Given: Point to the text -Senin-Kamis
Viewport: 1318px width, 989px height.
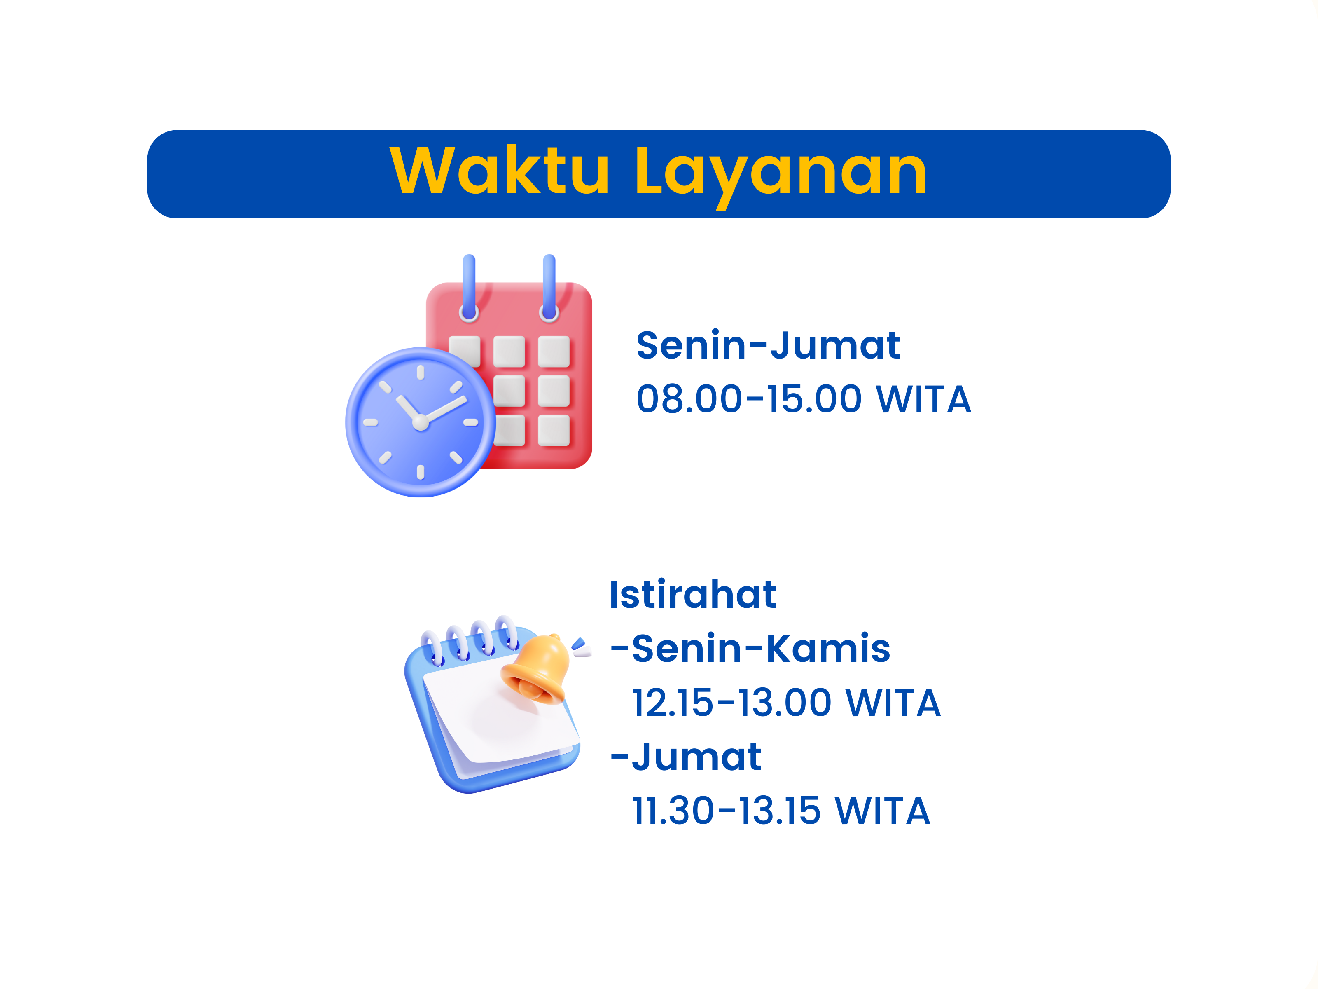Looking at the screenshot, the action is [x=750, y=648].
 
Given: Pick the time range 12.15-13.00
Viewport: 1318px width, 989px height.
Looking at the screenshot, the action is [x=731, y=702].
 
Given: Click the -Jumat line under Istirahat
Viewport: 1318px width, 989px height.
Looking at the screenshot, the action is [x=686, y=757].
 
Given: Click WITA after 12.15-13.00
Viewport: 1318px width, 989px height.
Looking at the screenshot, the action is [x=894, y=702].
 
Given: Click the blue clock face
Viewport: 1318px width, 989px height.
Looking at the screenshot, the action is [x=421, y=422].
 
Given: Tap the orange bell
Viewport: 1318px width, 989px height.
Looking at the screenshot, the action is [x=535, y=669].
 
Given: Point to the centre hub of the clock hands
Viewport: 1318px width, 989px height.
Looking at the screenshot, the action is [x=421, y=422].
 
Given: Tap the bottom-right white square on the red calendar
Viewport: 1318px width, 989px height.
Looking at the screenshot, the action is [x=554, y=430].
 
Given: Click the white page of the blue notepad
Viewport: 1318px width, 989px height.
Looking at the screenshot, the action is [x=500, y=712].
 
